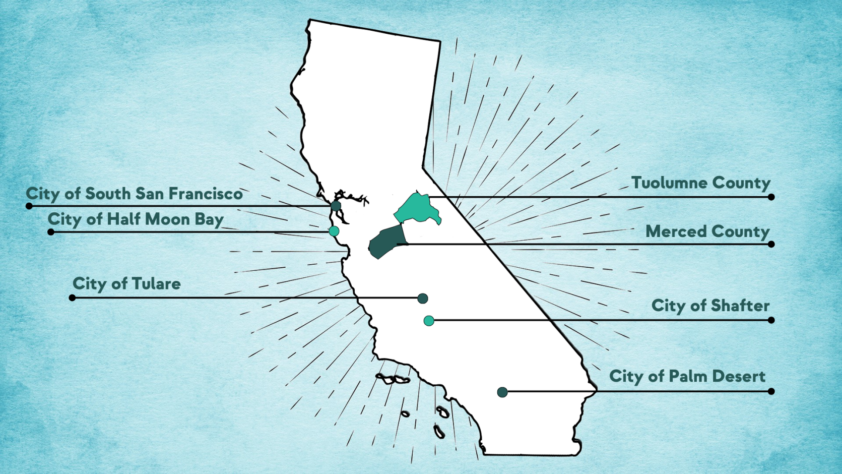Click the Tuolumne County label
point(700,183)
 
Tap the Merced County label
point(707,231)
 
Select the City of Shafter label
point(710,306)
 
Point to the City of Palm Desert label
point(687,376)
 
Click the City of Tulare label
point(126,283)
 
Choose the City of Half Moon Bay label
point(136,219)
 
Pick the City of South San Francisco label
point(134,194)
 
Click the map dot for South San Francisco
point(336,206)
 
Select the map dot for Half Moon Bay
point(334,231)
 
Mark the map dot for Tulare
point(423,299)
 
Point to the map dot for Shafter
point(429,321)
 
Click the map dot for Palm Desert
point(502,392)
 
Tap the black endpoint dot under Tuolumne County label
point(771,197)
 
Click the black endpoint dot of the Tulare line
point(72,298)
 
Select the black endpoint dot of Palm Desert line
point(771,391)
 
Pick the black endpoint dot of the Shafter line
point(771,320)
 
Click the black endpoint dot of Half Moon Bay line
point(50,232)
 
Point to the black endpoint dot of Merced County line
point(771,245)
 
